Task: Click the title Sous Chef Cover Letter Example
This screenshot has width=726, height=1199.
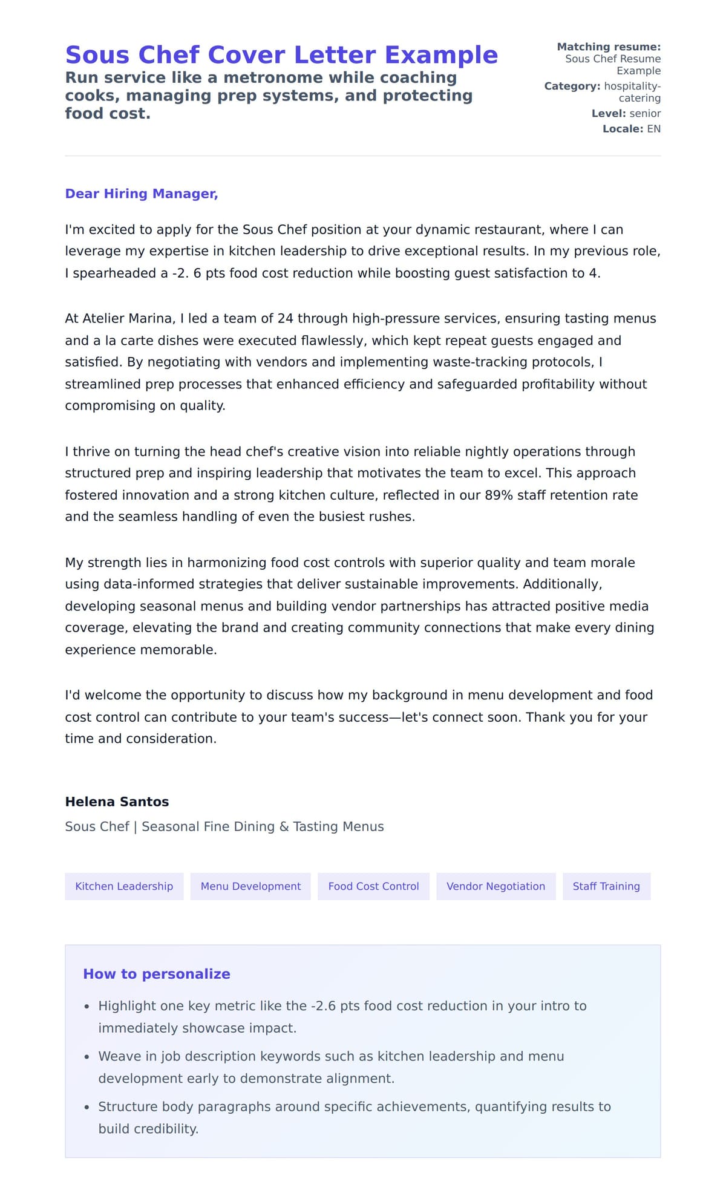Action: (281, 55)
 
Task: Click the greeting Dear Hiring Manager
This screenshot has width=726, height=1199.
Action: (141, 194)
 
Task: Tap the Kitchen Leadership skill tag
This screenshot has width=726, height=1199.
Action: (124, 886)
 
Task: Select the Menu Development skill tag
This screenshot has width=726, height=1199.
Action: (250, 886)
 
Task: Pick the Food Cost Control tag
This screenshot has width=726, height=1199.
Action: (373, 886)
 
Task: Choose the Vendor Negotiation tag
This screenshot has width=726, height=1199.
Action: (495, 886)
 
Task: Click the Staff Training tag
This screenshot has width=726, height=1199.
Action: (606, 886)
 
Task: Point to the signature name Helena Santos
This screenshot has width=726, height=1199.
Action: (117, 802)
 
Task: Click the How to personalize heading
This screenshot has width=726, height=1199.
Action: (157, 974)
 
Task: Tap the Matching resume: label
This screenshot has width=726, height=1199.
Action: (609, 47)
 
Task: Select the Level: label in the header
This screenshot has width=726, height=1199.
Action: (609, 113)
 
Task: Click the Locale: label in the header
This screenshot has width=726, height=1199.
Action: (623, 129)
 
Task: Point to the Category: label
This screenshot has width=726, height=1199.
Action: (572, 86)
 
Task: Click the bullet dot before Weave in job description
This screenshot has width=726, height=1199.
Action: (87, 1057)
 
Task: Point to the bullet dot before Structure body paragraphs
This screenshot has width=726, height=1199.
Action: (87, 1107)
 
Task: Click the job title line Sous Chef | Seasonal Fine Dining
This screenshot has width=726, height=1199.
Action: (224, 826)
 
